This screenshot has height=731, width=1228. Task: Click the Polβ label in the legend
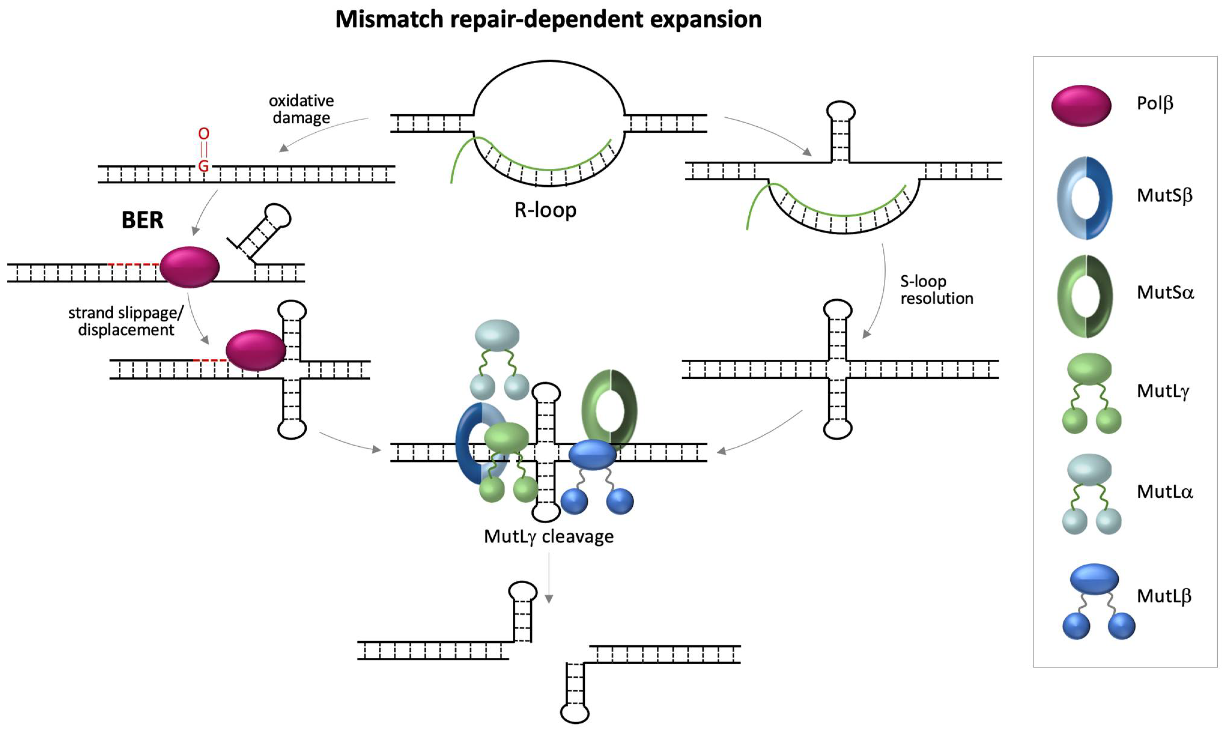(x=1155, y=104)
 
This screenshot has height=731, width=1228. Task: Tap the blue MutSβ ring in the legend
(x=1084, y=198)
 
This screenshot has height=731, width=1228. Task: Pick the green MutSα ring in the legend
(x=1084, y=296)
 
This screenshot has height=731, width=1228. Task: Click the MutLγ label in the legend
(x=1163, y=391)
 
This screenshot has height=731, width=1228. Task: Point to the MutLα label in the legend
(x=1164, y=492)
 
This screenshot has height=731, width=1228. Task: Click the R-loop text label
(x=545, y=210)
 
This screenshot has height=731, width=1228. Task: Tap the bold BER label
(x=142, y=220)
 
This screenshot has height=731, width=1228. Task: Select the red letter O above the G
(x=204, y=134)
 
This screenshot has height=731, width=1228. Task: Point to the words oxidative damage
(x=301, y=109)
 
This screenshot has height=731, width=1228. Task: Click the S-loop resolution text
(x=936, y=290)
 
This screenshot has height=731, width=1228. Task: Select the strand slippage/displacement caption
(x=126, y=321)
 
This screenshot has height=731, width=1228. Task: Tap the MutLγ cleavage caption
(x=548, y=536)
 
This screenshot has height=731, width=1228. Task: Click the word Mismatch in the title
(x=389, y=20)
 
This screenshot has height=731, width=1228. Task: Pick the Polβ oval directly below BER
(x=189, y=267)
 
